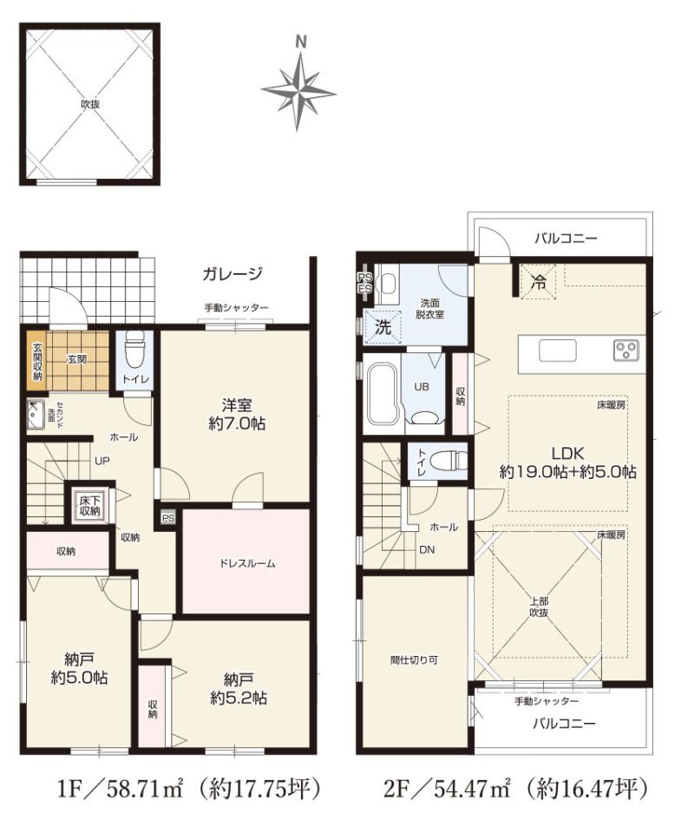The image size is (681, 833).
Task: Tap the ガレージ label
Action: (x=232, y=273)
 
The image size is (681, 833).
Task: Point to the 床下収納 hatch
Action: (x=89, y=505)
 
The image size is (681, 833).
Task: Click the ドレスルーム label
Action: (x=247, y=564)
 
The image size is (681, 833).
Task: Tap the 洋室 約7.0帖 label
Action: (x=237, y=415)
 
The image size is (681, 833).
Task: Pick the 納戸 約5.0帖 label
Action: (x=79, y=668)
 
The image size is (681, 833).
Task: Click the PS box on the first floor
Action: (x=168, y=518)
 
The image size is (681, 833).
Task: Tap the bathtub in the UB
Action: (x=383, y=394)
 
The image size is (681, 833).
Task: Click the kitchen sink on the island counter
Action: (x=557, y=351)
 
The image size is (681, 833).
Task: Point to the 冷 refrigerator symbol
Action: (x=538, y=282)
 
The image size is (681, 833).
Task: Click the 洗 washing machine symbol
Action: (x=383, y=327)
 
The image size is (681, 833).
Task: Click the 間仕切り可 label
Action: (x=414, y=660)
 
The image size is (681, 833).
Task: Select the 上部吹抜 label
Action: (x=539, y=607)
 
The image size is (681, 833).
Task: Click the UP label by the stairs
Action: (x=102, y=461)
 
